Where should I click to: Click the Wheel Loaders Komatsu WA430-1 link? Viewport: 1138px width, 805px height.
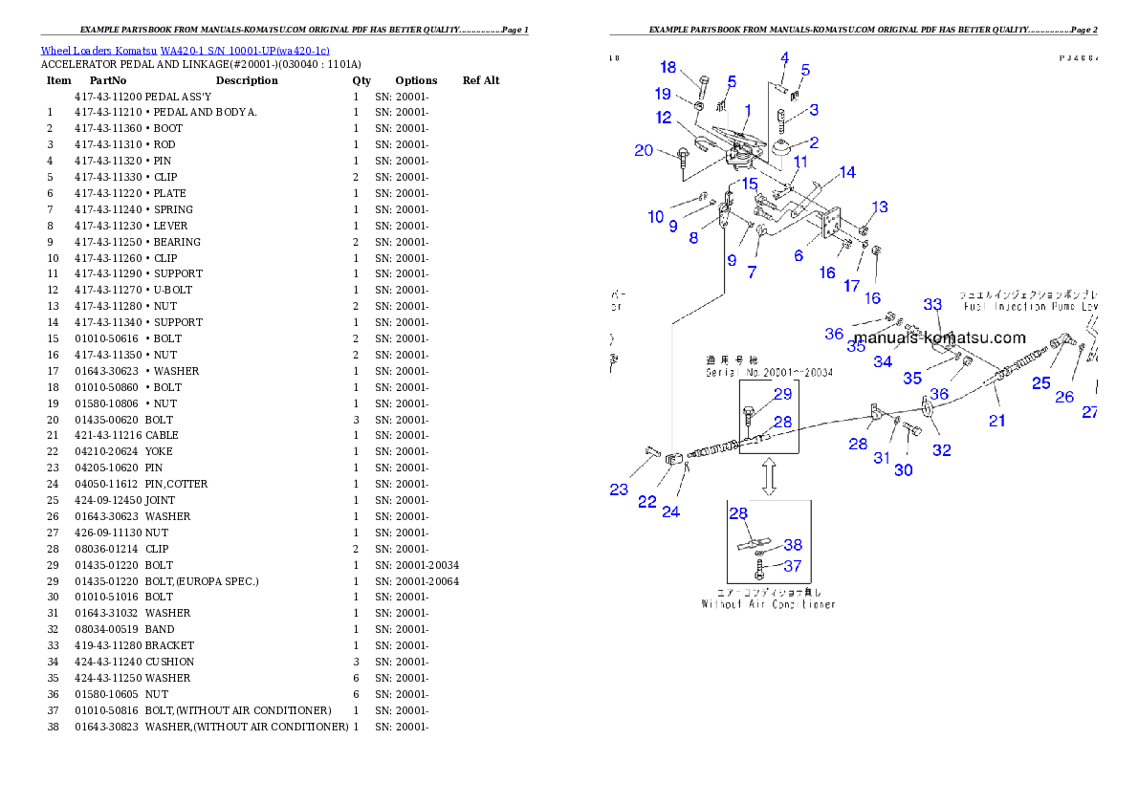pos(185,51)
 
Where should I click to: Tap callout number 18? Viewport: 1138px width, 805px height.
pos(668,68)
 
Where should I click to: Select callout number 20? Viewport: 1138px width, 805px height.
pos(644,150)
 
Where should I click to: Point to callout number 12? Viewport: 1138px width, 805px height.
pos(664,118)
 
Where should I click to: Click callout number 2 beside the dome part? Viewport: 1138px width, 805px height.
pos(814,143)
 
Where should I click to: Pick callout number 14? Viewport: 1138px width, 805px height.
pos(847,173)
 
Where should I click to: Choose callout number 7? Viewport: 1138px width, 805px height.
pos(752,272)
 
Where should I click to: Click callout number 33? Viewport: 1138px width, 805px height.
pos(932,304)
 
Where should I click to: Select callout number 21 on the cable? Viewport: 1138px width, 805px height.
pos(997,420)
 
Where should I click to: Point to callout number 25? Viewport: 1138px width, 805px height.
pos(1040,383)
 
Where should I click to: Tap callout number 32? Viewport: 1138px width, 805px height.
pos(942,450)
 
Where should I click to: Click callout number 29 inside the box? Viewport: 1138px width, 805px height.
pos(782,394)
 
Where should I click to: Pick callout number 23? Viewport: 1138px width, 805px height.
pos(619,490)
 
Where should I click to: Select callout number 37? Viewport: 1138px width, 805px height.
pos(792,566)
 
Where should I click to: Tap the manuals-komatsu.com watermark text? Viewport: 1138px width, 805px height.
pos(939,337)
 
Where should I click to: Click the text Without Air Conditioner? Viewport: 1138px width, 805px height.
pos(768,604)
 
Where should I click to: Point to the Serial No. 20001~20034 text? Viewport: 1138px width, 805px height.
pos(769,372)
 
